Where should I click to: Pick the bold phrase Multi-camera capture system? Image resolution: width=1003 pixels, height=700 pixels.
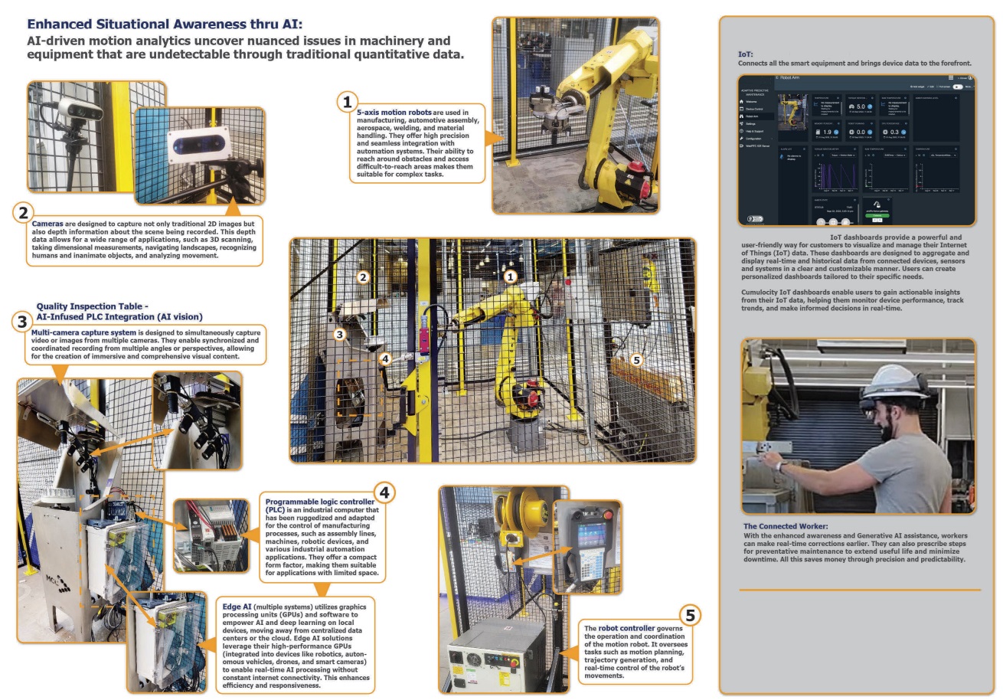tap(83, 333)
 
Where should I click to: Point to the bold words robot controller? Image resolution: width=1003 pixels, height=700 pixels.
tap(629, 627)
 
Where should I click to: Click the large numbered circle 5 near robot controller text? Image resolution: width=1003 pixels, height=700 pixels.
tap(689, 614)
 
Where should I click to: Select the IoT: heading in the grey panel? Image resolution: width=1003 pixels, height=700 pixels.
tap(746, 54)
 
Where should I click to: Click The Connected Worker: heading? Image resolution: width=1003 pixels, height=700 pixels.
tap(785, 526)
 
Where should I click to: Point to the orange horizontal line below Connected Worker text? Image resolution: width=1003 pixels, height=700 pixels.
tap(859, 590)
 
